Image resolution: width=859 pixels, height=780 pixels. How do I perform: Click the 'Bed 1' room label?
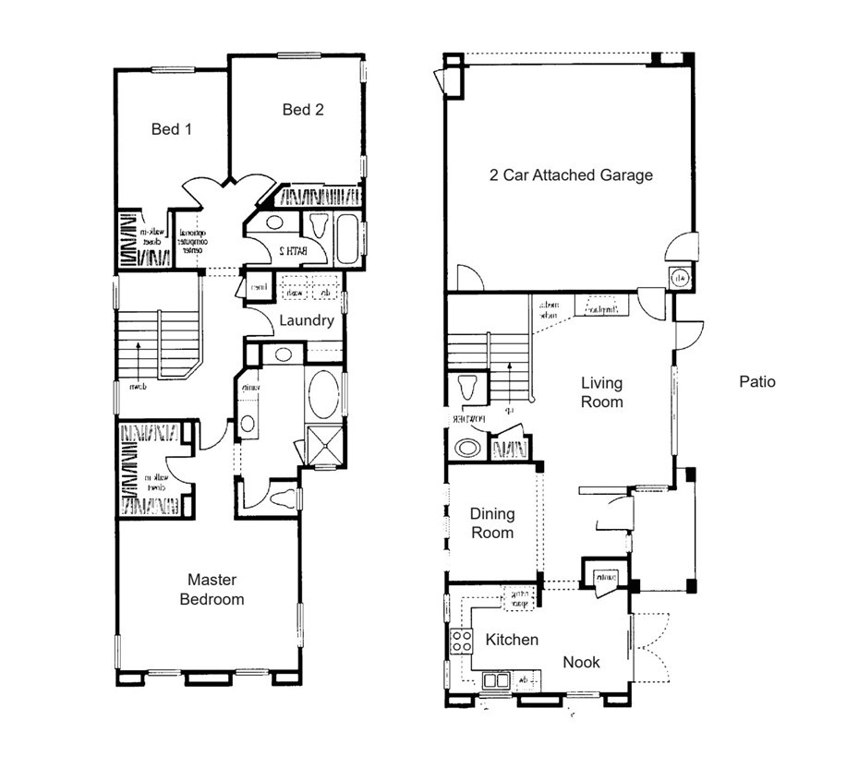(x=171, y=129)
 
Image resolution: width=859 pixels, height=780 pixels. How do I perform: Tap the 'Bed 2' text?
(x=303, y=110)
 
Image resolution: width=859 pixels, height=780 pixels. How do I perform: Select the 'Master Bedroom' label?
(x=212, y=590)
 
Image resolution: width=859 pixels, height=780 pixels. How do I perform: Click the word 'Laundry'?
(x=306, y=320)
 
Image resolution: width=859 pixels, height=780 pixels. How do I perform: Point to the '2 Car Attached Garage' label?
(x=571, y=174)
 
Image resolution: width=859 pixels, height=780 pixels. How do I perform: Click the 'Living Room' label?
(x=601, y=392)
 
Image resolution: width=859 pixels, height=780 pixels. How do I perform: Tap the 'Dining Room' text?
(x=491, y=523)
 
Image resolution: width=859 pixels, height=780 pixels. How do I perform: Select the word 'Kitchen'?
(x=512, y=640)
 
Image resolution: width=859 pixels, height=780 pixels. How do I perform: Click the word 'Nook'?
(x=581, y=662)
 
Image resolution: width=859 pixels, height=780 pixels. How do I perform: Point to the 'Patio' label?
(x=757, y=381)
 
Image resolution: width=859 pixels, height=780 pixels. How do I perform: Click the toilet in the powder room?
(x=466, y=387)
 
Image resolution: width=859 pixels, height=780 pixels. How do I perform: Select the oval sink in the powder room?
(x=466, y=448)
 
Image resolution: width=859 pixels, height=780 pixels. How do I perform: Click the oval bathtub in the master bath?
(x=323, y=396)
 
